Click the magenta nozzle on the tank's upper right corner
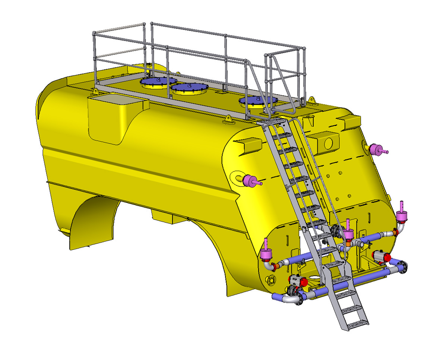coord(377,150)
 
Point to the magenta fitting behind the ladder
coord(349,234)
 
